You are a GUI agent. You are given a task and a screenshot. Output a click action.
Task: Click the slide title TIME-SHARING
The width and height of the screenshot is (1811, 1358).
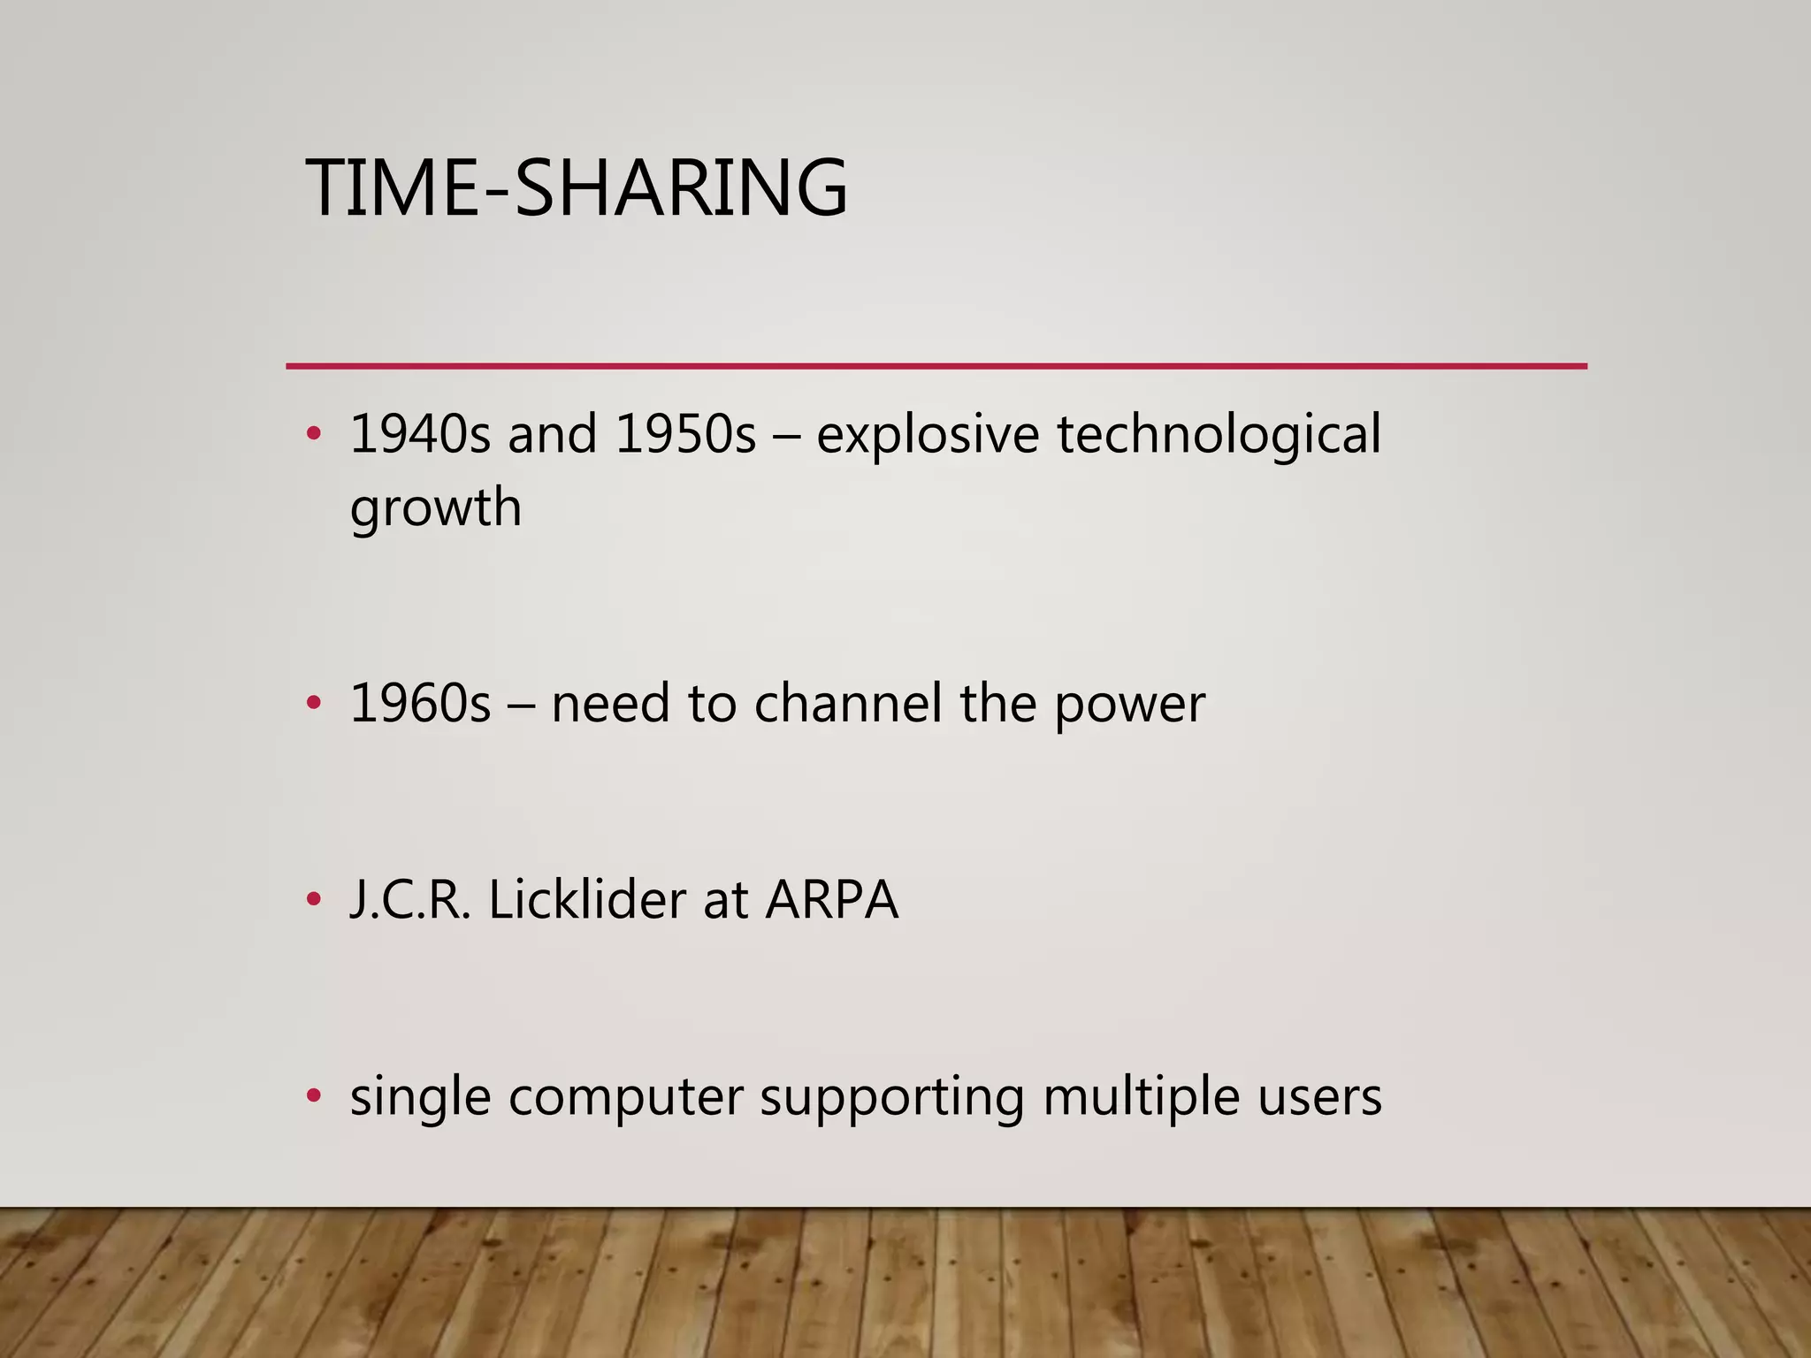pos(576,187)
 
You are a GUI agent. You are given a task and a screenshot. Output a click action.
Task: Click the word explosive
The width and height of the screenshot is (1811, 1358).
pos(927,435)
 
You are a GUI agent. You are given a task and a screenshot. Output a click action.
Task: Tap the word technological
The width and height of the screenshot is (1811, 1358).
pos(1219,435)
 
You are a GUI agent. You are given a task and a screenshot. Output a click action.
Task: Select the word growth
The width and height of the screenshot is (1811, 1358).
pos(435,508)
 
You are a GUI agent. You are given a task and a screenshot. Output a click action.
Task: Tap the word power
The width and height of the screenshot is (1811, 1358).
pos(1129,706)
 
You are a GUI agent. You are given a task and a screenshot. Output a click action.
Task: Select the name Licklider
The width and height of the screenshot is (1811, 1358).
pos(585,900)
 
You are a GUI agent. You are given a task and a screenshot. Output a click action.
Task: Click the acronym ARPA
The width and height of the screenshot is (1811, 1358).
pos(831,900)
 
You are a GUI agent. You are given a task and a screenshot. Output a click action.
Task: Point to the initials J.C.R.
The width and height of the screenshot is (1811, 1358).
pos(409,900)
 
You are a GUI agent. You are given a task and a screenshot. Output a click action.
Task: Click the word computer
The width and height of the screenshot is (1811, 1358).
pos(625,1098)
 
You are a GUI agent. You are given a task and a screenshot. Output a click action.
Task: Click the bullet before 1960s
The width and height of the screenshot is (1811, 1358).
pos(313,704)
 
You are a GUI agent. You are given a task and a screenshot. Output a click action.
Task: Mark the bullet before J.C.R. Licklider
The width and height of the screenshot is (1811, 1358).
pos(313,900)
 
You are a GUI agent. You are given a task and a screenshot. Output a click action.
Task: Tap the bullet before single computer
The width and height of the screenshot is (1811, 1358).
pos(313,1096)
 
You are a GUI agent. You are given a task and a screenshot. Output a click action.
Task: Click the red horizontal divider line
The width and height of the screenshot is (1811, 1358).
pos(936,365)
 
